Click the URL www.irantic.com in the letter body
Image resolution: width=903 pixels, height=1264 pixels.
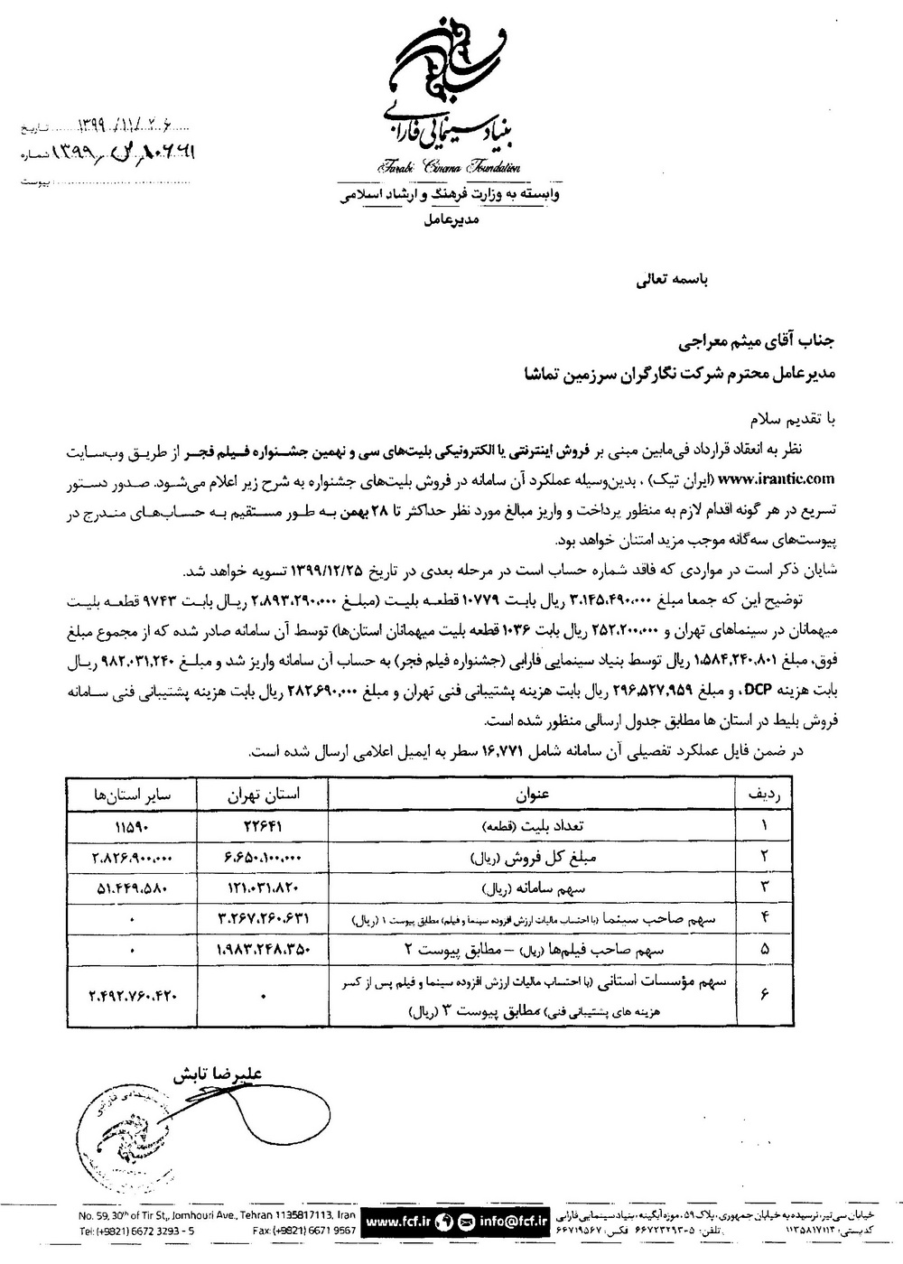(x=778, y=479)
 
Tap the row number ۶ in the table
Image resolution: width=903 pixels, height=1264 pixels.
(x=767, y=994)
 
